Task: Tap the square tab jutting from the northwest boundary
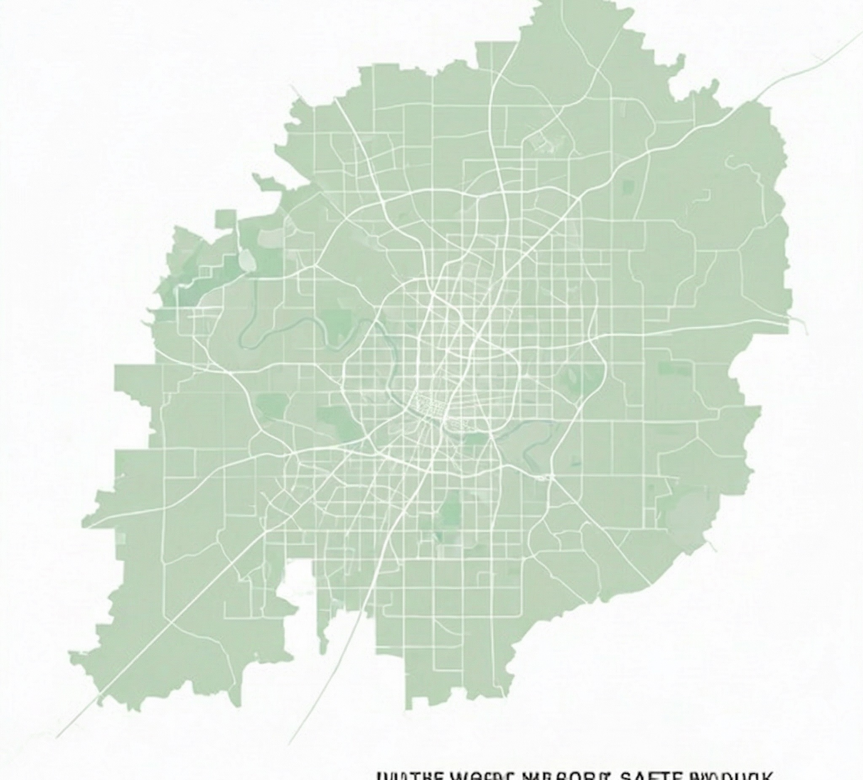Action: click(225, 218)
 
